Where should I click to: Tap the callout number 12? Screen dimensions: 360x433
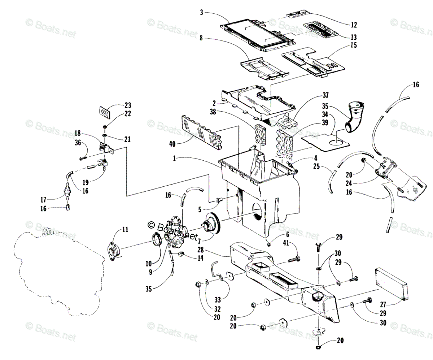tap(354, 25)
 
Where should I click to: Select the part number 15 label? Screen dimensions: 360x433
tap(354, 45)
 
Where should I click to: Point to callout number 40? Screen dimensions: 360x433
tap(172, 144)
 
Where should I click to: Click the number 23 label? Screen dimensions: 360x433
tap(127, 106)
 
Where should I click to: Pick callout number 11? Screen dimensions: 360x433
tap(125, 229)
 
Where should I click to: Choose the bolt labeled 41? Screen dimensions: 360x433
tap(294, 259)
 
